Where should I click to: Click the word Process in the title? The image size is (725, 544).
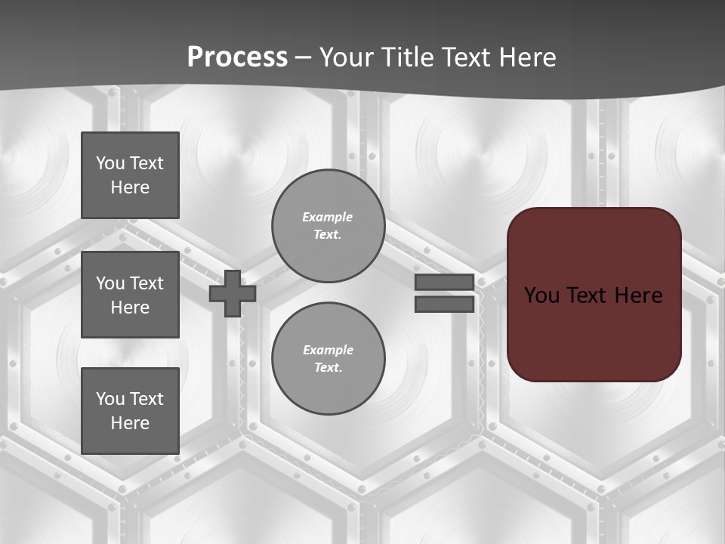[x=237, y=57]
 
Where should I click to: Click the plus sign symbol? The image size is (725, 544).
[x=233, y=293]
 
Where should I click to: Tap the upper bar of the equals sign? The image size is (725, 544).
[x=444, y=283]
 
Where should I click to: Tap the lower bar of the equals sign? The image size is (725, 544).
[x=444, y=304]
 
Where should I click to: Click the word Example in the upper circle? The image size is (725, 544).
[x=328, y=217]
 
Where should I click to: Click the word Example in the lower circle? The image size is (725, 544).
[x=328, y=350]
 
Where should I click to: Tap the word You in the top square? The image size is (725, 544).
[x=109, y=163]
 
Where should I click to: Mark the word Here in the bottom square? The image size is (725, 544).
[x=130, y=423]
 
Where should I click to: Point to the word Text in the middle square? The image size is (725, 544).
[x=146, y=283]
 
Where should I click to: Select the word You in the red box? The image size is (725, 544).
[x=541, y=295]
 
